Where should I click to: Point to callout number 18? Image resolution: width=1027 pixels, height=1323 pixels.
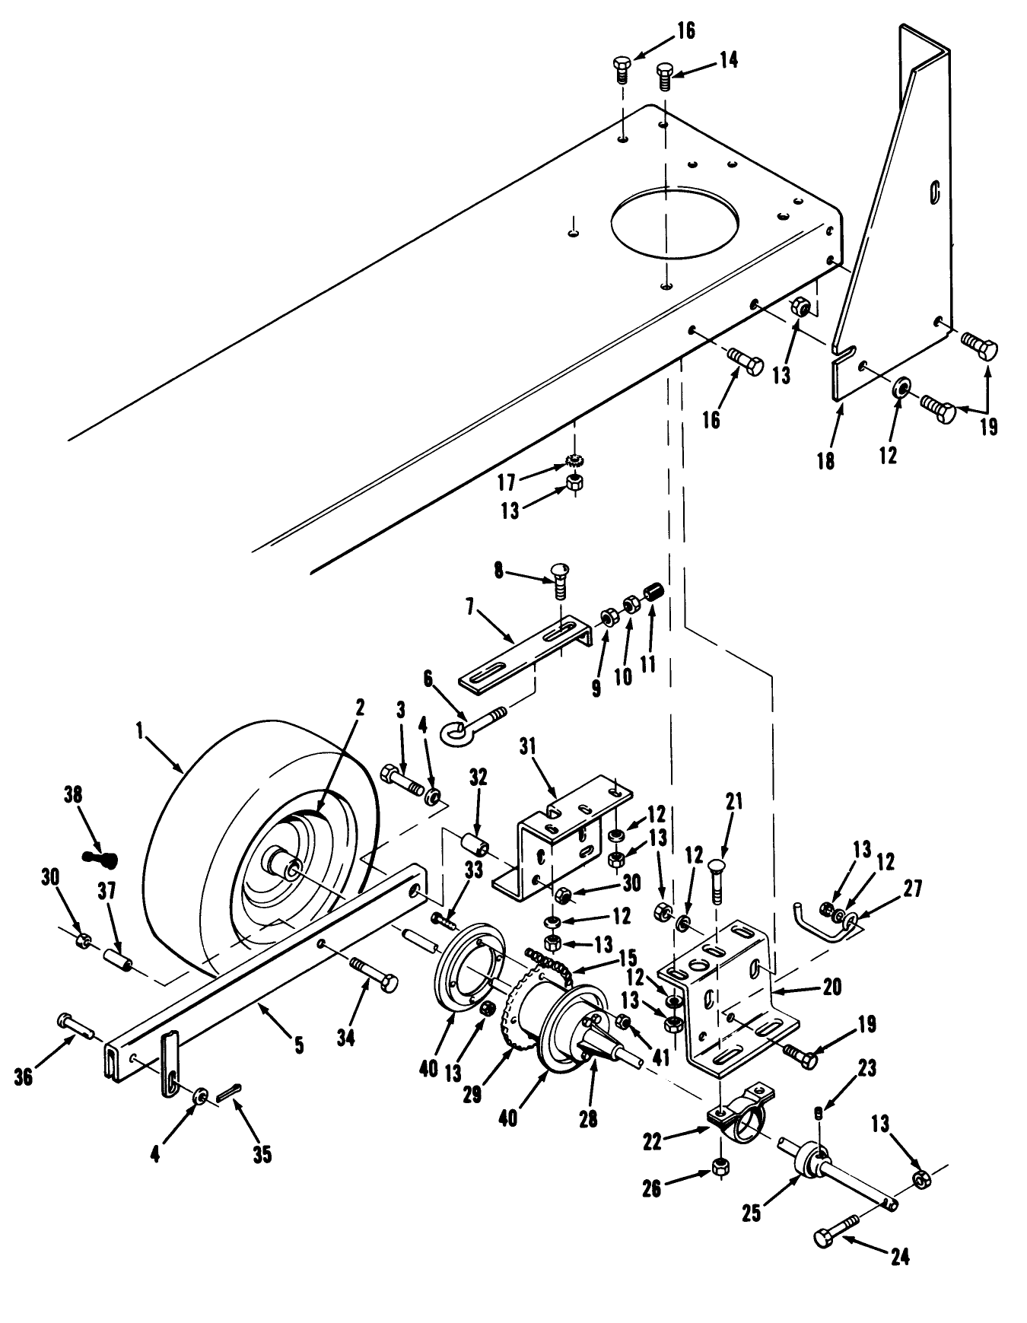(x=825, y=460)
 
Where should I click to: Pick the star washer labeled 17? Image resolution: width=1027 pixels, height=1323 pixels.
(x=575, y=461)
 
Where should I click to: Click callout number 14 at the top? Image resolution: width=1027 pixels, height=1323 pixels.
(x=729, y=60)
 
